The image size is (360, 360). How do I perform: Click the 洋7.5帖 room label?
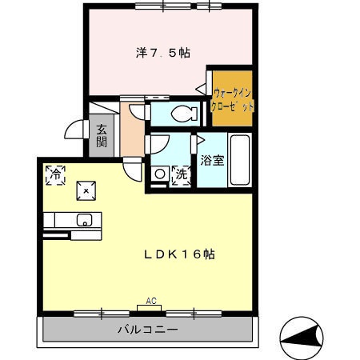[x=162, y=53]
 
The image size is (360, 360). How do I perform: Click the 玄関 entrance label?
[x=102, y=136]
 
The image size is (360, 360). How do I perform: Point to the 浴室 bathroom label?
[x=212, y=160]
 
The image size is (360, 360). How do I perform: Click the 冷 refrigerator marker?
[x=56, y=174]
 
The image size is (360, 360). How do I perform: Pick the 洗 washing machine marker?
[x=181, y=173]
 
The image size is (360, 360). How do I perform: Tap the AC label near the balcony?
[x=150, y=302]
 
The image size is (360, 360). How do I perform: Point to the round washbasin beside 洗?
[x=159, y=173]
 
